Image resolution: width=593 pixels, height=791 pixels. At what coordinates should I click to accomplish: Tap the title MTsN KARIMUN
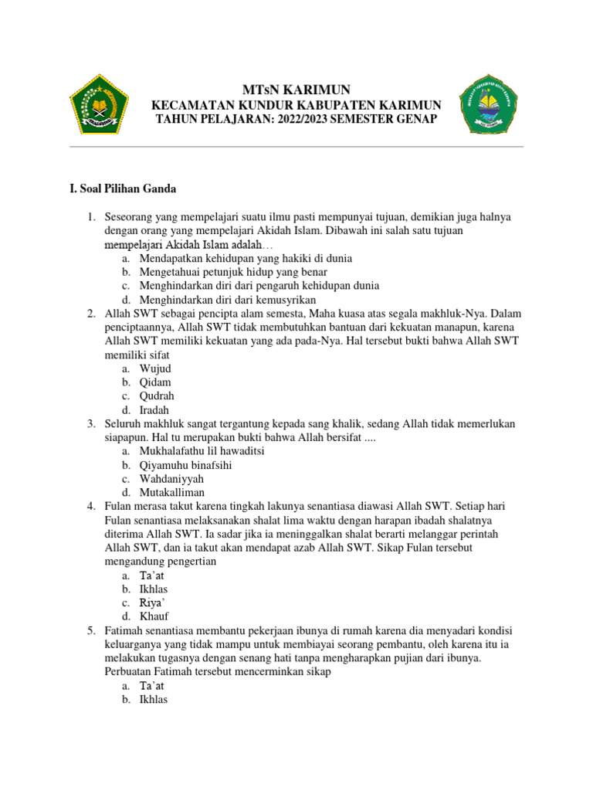click(x=296, y=90)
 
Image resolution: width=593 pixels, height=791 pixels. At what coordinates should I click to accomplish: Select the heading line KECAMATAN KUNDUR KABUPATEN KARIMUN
click(x=296, y=105)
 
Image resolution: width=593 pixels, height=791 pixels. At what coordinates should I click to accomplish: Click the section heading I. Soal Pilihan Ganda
click(x=123, y=188)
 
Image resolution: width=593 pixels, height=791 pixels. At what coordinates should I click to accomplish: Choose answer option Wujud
click(x=154, y=368)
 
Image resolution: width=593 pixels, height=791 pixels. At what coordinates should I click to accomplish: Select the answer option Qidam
click(x=155, y=382)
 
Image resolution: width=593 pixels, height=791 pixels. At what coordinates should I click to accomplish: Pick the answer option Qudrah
click(x=157, y=396)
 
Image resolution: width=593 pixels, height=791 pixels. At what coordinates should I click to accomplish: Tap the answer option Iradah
click(x=154, y=410)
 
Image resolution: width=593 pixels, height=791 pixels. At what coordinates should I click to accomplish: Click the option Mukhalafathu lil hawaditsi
click(x=202, y=450)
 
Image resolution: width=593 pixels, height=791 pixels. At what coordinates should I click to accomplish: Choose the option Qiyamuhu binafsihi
click(x=185, y=465)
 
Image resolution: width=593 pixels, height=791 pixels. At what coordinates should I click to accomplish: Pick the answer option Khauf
click(x=154, y=616)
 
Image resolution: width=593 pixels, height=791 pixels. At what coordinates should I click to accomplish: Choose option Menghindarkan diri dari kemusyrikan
click(x=228, y=300)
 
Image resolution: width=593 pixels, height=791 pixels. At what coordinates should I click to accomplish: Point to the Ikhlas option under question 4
click(x=154, y=589)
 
